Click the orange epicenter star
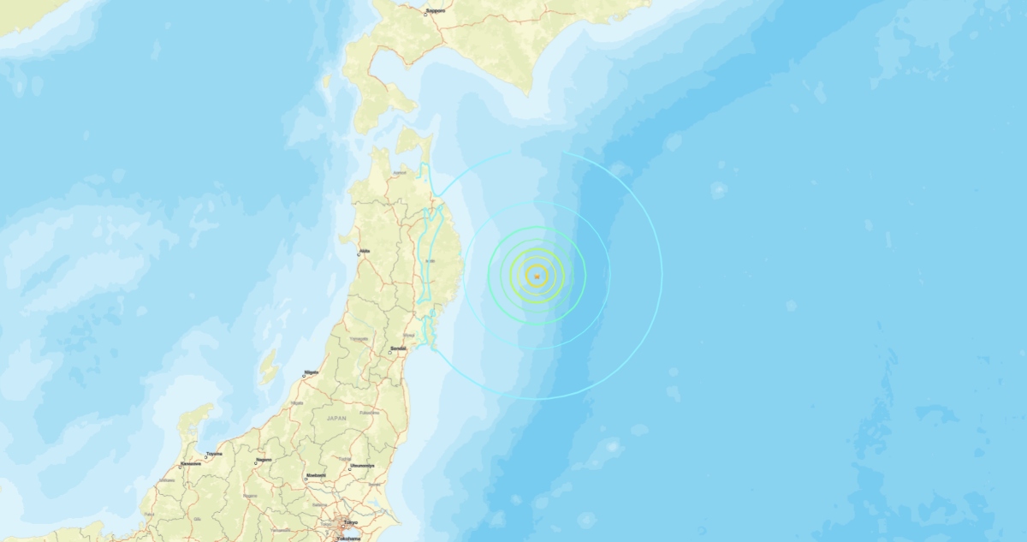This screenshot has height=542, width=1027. click(537, 275)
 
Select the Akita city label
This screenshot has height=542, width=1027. click(365, 250)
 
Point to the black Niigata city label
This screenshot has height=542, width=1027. click(312, 372)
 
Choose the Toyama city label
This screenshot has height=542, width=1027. click(214, 453)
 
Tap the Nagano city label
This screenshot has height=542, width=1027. click(264, 460)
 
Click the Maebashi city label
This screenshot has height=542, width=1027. click(316, 474)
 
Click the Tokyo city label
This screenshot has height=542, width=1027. click(350, 521)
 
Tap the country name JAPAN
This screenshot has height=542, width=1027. click(336, 418)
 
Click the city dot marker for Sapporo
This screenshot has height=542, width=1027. click(425, 12)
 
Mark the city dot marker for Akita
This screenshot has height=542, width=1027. click(359, 254)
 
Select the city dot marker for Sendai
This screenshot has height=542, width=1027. click(389, 352)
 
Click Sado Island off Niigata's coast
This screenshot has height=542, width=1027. click(269, 366)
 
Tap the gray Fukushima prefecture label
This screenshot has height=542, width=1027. click(369, 412)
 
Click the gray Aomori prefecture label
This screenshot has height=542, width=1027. click(399, 173)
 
